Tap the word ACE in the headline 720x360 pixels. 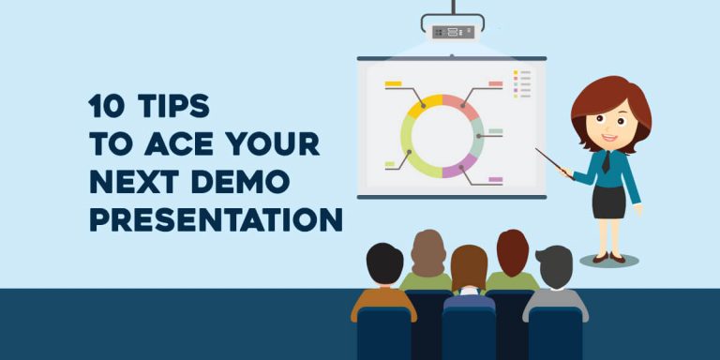172,144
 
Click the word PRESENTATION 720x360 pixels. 216,220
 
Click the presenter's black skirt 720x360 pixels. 608,201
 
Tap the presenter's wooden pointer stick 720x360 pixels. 553,160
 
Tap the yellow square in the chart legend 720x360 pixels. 515,72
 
